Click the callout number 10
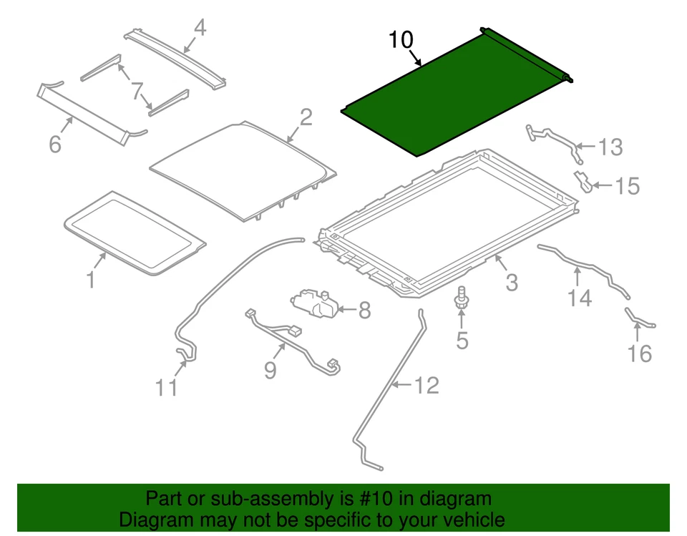[x=401, y=40]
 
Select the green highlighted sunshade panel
[x=451, y=97]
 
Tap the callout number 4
[x=200, y=28]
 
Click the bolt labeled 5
[x=462, y=295]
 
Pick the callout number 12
[x=426, y=386]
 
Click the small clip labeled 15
[x=583, y=182]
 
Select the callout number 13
[x=610, y=148]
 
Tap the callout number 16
[x=640, y=353]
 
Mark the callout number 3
[x=511, y=282]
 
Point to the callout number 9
[x=270, y=369]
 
